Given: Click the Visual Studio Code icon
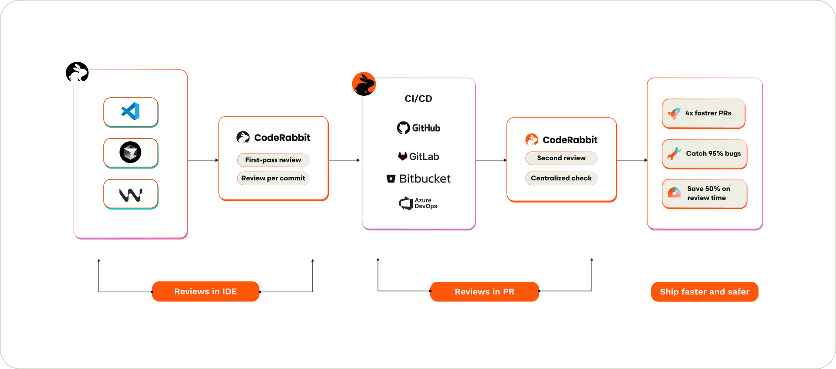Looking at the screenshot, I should click(x=131, y=112).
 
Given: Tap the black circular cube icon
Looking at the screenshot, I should click(x=131, y=152).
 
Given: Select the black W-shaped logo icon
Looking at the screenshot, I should click(x=131, y=194).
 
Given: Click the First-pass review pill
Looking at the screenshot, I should click(x=273, y=160).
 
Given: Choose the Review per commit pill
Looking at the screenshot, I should click(x=273, y=178).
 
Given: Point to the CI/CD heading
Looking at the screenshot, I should click(x=418, y=99).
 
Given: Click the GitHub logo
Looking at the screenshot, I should click(x=418, y=128).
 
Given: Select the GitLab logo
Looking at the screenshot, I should click(x=418, y=156).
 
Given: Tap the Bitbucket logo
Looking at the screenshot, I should click(x=418, y=179).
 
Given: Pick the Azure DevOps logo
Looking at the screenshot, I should click(x=418, y=203).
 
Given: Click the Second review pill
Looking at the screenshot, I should click(x=561, y=158).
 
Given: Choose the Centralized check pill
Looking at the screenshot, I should click(x=561, y=178).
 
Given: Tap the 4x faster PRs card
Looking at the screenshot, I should click(x=703, y=113).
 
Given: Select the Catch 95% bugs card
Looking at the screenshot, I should click(x=704, y=154).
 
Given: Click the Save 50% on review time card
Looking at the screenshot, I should click(x=704, y=193).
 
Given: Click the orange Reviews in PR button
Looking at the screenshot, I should click(x=484, y=292).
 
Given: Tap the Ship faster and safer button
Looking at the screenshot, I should click(x=705, y=292).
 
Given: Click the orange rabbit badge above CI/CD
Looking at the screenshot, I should click(x=364, y=84).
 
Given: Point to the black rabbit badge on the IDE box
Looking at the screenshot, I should click(x=77, y=72).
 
